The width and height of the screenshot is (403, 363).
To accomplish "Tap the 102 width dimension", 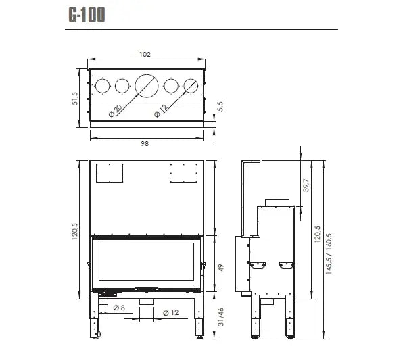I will tap(145, 54).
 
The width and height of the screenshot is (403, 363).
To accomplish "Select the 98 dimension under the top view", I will tap(145, 143).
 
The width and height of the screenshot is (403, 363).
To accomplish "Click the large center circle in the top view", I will tap(146, 86).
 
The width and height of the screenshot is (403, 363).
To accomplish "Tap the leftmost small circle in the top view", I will tap(102, 86).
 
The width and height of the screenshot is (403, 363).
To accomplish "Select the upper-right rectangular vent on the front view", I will tap(182, 173).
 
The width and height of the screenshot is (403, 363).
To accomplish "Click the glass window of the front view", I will tap(145, 262).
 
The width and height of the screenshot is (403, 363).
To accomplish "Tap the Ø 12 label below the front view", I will tap(170, 312).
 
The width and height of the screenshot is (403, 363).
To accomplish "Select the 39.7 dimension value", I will tap(306, 185).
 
